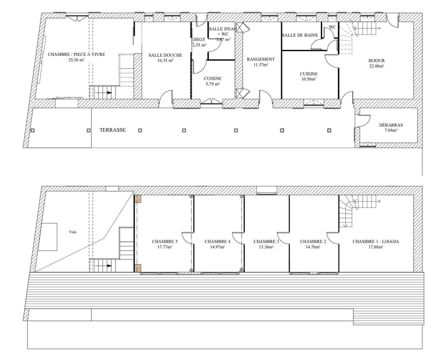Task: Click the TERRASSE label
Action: (112, 130)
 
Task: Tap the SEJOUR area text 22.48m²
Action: (376, 66)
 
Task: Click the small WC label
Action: (332, 27)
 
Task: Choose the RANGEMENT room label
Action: (261, 60)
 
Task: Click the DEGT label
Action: (199, 40)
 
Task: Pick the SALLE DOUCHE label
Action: (165, 55)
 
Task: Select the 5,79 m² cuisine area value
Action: (212, 84)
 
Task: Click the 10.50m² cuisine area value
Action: (308, 79)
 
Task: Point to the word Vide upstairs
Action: (72, 231)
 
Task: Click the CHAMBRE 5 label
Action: (165, 242)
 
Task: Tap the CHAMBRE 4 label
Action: (217, 242)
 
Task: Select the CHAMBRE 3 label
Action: (266, 242)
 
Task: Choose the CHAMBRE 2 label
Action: (313, 242)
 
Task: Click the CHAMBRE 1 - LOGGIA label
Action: (376, 242)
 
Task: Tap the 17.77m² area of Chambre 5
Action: (165, 247)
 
